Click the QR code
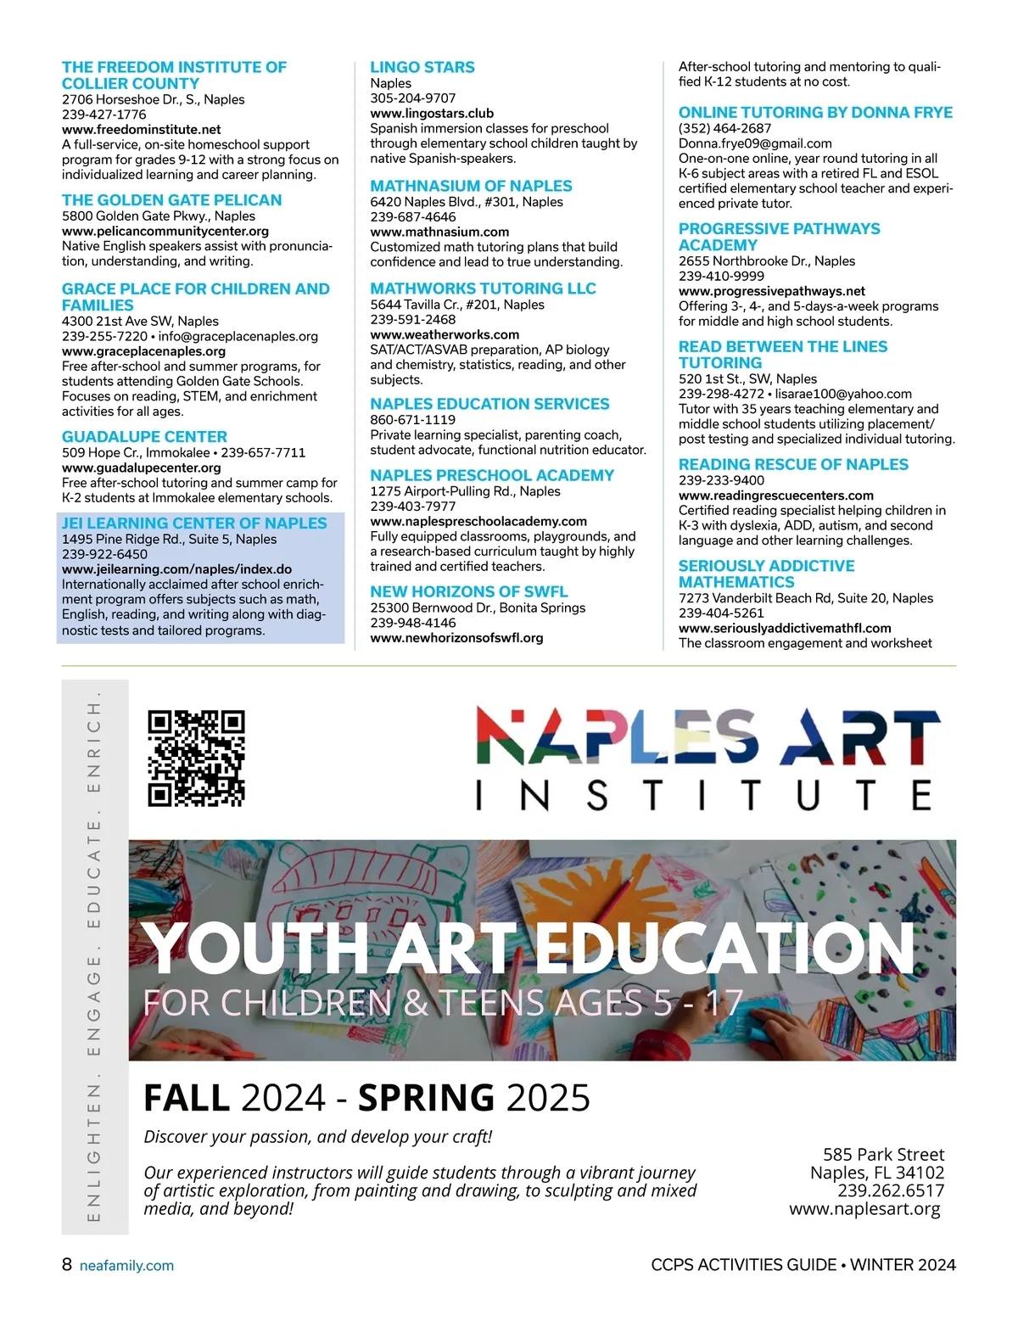(196, 758)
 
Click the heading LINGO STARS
(422, 67)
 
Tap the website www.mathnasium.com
(439, 232)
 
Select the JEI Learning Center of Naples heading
(194, 524)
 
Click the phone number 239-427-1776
(103, 115)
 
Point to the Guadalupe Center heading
(144, 437)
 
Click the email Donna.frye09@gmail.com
(755, 143)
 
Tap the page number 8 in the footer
(67, 1264)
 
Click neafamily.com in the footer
(126, 1266)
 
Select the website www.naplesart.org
(864, 1209)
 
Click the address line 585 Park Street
(883, 1155)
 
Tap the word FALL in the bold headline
(187, 1098)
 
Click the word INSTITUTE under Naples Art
(704, 796)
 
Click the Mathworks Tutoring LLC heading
(483, 288)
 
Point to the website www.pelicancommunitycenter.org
(165, 231)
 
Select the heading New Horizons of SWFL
(468, 591)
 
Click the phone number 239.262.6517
(891, 1190)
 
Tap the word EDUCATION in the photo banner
(725, 948)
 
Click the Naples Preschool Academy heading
(492, 475)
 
